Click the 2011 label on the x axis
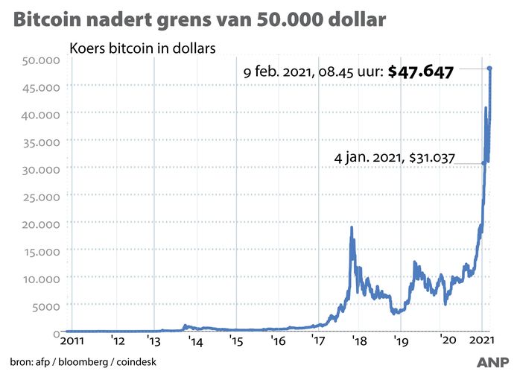(77, 343)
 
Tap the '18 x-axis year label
(360, 343)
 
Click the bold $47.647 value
(419, 72)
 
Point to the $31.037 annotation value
(434, 158)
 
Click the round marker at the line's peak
(490, 69)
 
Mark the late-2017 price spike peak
(351, 227)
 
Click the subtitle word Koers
(87, 48)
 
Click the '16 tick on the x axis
(278, 343)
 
